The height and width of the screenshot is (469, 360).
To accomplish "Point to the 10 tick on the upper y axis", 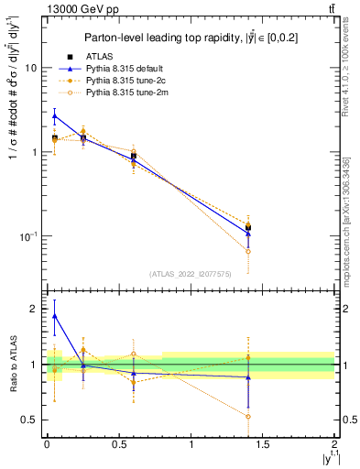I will click(x=30, y=68).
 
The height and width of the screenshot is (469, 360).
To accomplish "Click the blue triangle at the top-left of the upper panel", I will click(x=54, y=115).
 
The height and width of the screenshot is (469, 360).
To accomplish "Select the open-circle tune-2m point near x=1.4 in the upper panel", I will click(x=248, y=251).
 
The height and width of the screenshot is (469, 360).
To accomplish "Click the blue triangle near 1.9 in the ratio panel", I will click(x=54, y=316).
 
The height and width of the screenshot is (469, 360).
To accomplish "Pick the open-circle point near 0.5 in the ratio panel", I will click(x=248, y=416).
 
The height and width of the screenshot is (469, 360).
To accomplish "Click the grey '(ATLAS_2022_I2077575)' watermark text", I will click(x=191, y=273).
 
